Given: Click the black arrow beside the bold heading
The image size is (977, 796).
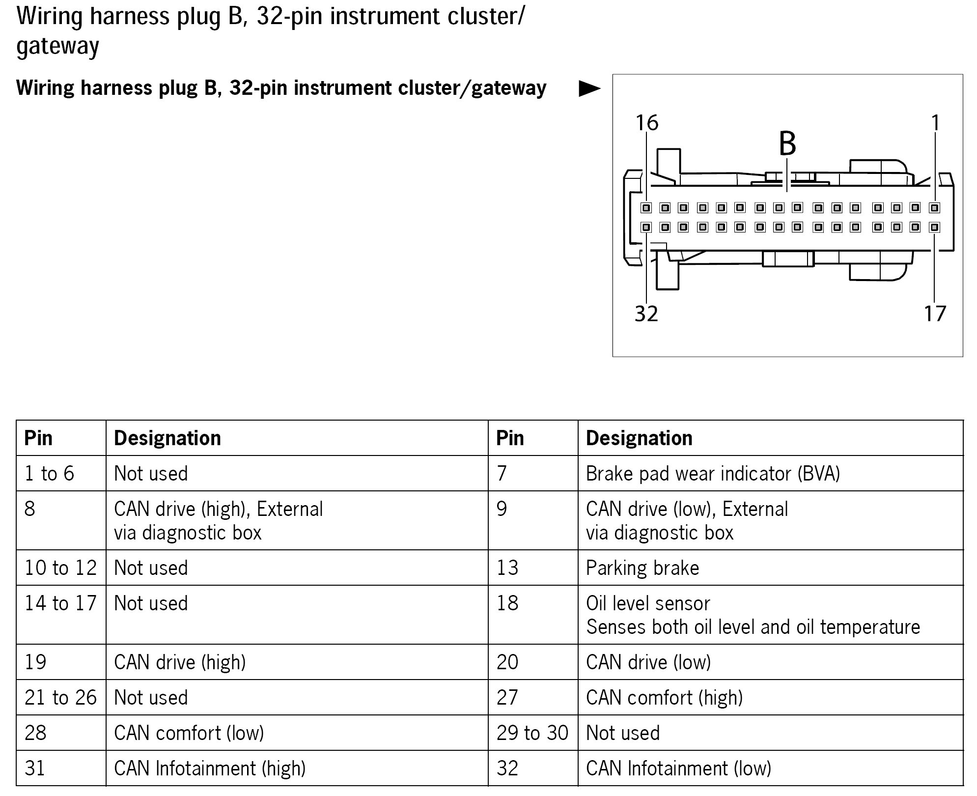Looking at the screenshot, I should tap(589, 89).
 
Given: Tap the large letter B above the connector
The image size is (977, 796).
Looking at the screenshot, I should tap(787, 143).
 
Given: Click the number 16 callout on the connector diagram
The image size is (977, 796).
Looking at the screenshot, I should tap(646, 123).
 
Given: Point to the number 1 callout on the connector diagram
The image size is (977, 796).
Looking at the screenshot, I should tap(935, 123).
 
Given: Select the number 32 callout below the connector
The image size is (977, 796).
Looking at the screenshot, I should tap(646, 313).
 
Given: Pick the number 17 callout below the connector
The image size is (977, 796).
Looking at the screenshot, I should tap(935, 313).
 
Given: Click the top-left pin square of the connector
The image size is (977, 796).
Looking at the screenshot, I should tap(646, 208).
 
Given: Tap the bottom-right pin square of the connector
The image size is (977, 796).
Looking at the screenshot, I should tap(934, 227).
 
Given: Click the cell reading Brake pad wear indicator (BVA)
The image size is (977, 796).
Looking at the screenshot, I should tap(713, 474).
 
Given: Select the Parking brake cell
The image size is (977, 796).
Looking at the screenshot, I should tap(642, 568).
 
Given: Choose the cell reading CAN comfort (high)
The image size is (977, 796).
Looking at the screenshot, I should tap(664, 698).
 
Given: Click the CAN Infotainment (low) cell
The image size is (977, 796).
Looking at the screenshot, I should tap(678, 768).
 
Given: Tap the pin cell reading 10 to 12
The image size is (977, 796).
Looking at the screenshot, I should tap(61, 568).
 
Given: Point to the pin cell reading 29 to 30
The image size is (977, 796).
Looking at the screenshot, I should tap(532, 733).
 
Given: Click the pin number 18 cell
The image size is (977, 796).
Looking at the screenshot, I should tap(507, 603).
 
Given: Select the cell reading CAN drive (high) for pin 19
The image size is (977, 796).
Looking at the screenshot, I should tap(180, 662).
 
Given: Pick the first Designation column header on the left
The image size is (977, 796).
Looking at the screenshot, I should tap(167, 438).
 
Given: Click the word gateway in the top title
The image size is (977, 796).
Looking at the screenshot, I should tap(57, 46).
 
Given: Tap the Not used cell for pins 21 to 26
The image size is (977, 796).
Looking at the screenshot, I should tap(151, 698).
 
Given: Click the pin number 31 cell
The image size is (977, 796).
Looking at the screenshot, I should tap(35, 768).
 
